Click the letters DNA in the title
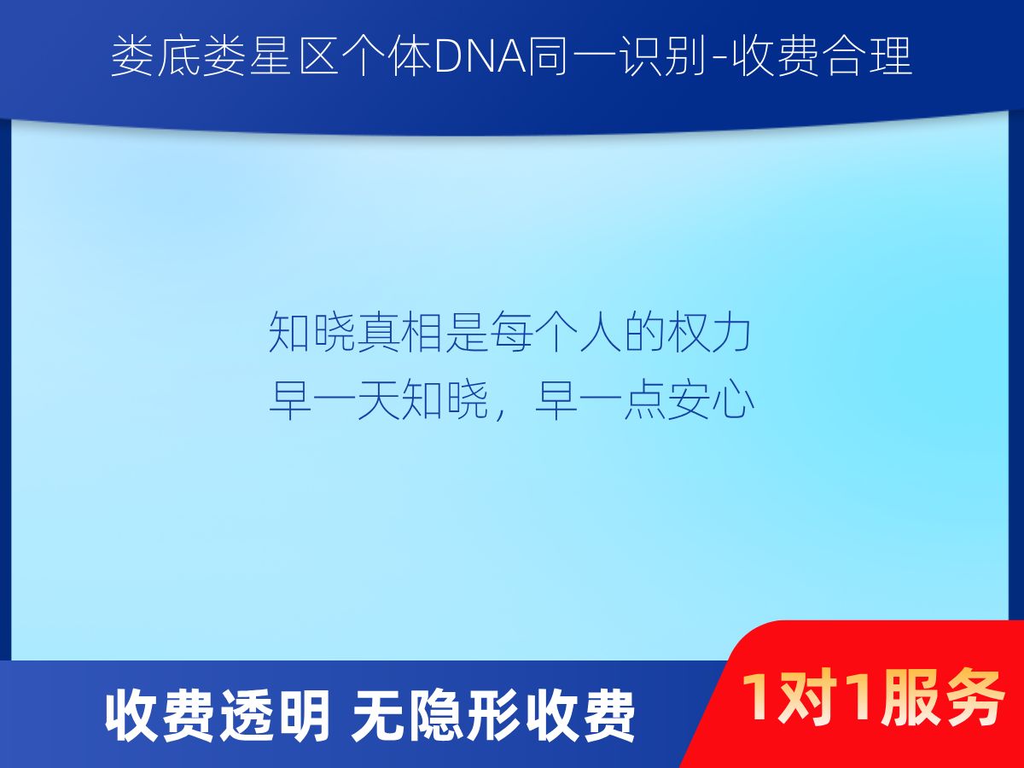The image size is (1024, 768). pyautogui.click(x=481, y=57)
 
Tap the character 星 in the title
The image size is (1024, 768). pyautogui.click(x=272, y=57)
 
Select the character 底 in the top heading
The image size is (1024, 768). pyautogui.click(x=179, y=57)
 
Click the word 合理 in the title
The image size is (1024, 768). pyautogui.click(x=867, y=57)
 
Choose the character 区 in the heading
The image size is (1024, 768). pyautogui.click(x=318, y=57)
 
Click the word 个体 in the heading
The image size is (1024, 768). pyautogui.click(x=387, y=57)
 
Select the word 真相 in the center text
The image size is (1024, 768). pyautogui.click(x=399, y=332)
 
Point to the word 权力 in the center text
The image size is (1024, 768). pyautogui.click(x=710, y=332)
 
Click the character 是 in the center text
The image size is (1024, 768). pyautogui.click(x=466, y=332)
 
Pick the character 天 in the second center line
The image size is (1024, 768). pyautogui.click(x=378, y=400)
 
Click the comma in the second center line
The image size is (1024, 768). pyautogui.click(x=501, y=414)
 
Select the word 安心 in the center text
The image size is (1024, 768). pyautogui.click(x=711, y=400)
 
